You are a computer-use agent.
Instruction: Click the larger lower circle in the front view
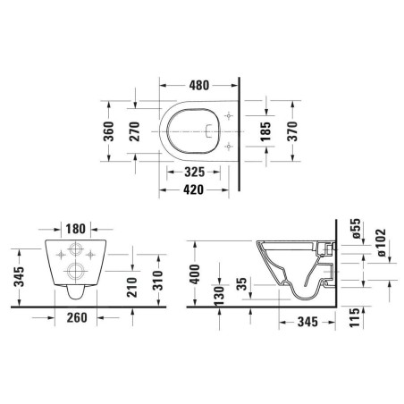pyautogui.click(x=75, y=272)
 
